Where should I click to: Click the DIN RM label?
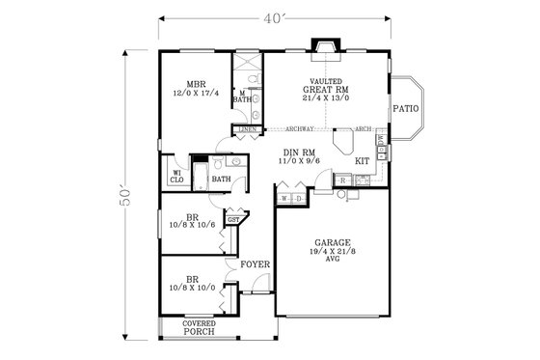point(302,152)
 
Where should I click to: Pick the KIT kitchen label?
point(363,161)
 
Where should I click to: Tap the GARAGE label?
point(332,242)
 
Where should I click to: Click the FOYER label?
point(256,264)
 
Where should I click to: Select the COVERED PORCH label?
point(200,328)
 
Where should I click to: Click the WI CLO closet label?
point(177,175)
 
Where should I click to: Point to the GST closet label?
point(233,220)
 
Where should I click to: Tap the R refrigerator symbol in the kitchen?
point(343,180)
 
